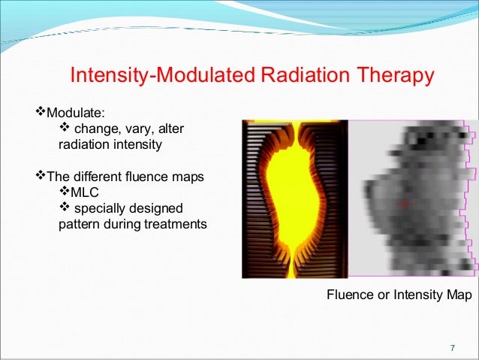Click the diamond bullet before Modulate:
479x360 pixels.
point(42,113)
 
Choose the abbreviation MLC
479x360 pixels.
point(84,192)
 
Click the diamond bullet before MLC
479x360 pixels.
point(64,192)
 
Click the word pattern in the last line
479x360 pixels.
point(78,224)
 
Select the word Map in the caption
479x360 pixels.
point(458,295)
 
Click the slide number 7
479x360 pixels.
point(452,348)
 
